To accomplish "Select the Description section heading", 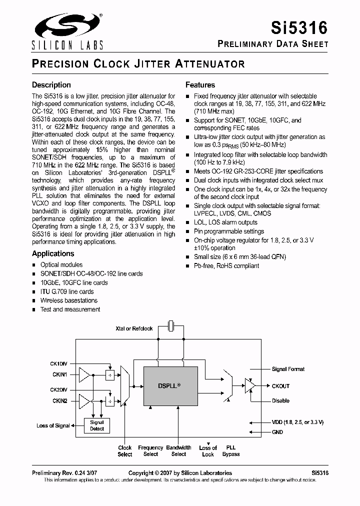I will pyautogui.click(x=51, y=85).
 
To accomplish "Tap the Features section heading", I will pyautogui.click(x=200, y=85).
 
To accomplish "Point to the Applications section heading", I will pyautogui.click(x=53, y=253).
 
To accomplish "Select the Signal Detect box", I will pyautogui.click(x=97, y=425).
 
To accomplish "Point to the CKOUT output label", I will pyautogui.click(x=280, y=386).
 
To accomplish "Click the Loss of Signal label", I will pyautogui.click(x=53, y=425).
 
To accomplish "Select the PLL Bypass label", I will pyautogui.click(x=231, y=450).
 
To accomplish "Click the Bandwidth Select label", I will pyautogui.click(x=178, y=450).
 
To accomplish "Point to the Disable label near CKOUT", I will pyautogui.click(x=280, y=400).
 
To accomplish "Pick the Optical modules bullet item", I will pyautogui.click(x=61, y=264).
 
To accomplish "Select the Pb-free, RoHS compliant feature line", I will pyautogui.click(x=226, y=265).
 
